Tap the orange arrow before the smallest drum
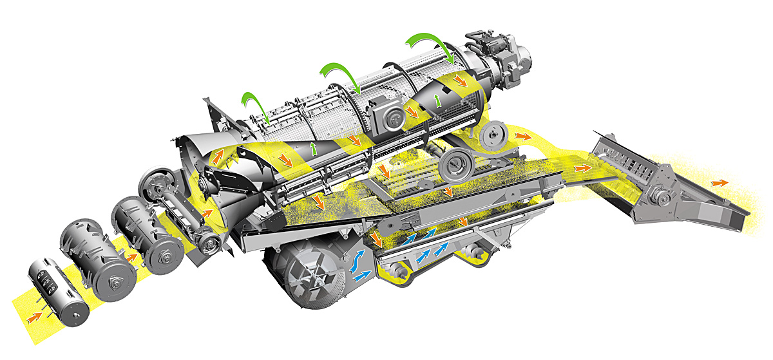pos(32,317)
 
